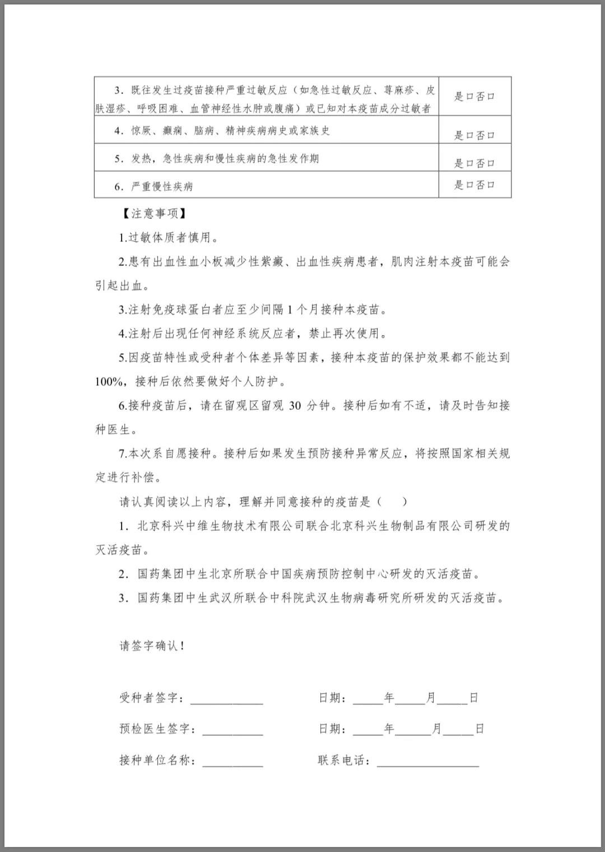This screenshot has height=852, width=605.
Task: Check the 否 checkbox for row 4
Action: [491, 135]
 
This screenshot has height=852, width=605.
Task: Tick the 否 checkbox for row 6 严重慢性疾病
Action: [491, 185]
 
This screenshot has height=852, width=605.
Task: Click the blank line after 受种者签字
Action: [227, 700]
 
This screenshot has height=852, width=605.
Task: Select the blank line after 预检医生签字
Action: [232, 731]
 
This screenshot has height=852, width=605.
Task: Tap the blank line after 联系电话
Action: [428, 762]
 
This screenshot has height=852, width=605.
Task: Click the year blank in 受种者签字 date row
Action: [367, 700]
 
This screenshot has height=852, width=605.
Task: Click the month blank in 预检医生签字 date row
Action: [415, 731]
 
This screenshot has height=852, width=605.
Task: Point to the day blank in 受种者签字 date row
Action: [452, 700]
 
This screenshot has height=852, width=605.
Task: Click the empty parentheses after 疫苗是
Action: [392, 502]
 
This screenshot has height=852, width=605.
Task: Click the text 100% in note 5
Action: [109, 382]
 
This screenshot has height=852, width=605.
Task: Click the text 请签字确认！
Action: [152, 645]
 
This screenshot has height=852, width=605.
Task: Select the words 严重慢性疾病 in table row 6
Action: [162, 186]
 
